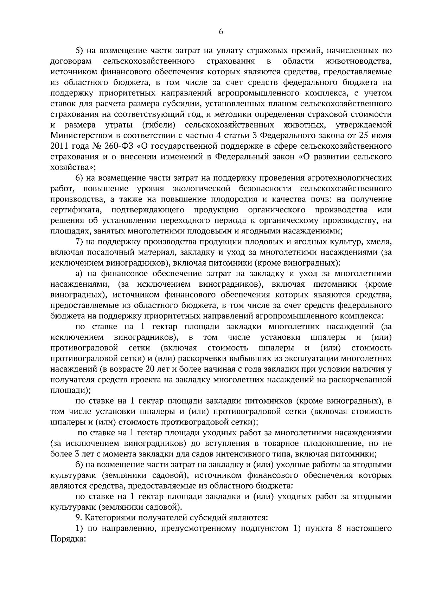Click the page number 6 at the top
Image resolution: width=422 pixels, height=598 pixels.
(x=221, y=32)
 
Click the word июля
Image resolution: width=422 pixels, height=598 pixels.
(x=380, y=136)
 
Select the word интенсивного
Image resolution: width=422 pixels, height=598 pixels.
(x=236, y=454)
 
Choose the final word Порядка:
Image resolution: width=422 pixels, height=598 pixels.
(x=68, y=539)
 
